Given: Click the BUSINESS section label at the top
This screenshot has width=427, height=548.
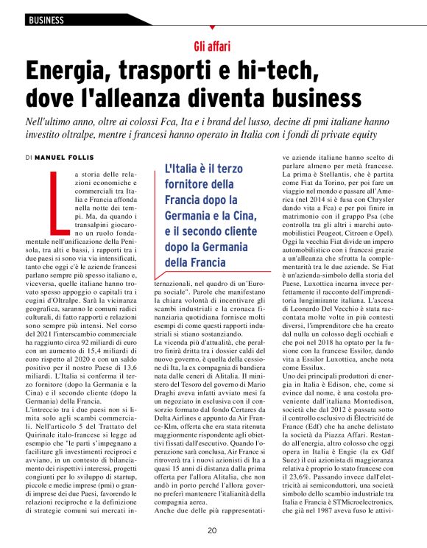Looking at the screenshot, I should (x=46, y=21).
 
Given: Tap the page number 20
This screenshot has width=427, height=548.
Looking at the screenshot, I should (x=212, y=530).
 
